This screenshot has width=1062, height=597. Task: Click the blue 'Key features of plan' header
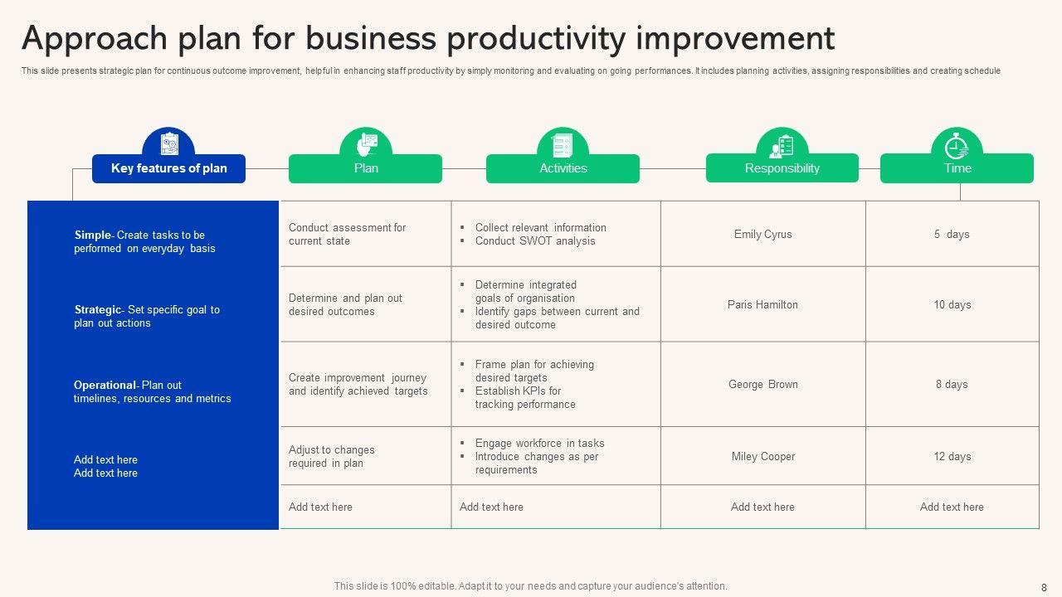tap(168, 168)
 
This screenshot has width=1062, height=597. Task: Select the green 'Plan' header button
tap(366, 168)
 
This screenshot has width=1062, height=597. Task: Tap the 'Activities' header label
tap(563, 168)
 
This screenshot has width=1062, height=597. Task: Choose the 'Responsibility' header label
tap(782, 168)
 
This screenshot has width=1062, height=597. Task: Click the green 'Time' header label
tap(957, 168)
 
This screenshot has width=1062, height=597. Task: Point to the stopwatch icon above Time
tap(957, 146)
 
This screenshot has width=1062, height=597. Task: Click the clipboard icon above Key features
tap(168, 144)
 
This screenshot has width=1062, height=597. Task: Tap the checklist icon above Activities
tap(563, 145)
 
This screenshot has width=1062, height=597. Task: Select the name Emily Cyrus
tap(762, 234)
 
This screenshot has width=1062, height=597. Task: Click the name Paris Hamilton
tap(762, 304)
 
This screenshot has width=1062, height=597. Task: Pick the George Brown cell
tap(763, 384)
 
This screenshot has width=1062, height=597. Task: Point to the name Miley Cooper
tap(763, 456)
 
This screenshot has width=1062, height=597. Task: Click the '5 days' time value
tap(952, 234)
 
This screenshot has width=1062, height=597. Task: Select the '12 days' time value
tap(952, 456)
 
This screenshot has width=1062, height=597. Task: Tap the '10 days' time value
tap(952, 304)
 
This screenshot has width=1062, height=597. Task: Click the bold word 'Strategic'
tap(98, 310)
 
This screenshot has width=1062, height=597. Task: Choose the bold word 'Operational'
tap(105, 386)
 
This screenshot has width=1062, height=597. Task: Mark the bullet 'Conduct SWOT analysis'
tap(535, 240)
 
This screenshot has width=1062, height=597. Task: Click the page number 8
tap(1044, 588)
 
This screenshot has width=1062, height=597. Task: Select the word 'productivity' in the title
tap(536, 39)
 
